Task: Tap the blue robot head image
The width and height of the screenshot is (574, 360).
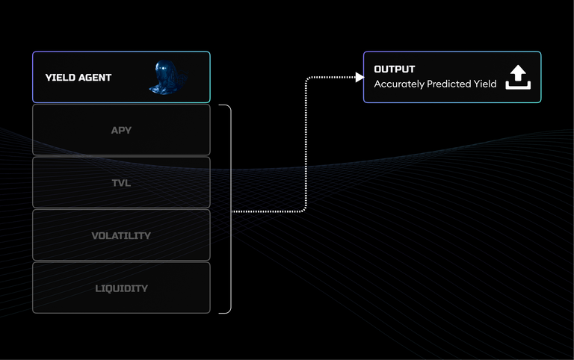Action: tap(168, 77)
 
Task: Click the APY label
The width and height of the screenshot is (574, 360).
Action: tap(121, 130)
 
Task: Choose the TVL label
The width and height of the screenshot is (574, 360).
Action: tap(121, 183)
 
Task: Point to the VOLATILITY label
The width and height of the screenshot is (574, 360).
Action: tap(121, 235)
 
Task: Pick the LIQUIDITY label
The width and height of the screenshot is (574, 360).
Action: tap(122, 288)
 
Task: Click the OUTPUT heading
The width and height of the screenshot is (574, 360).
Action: tap(395, 69)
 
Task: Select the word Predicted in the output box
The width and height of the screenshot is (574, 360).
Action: tap(448, 84)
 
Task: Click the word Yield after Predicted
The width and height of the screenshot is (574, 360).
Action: tap(485, 84)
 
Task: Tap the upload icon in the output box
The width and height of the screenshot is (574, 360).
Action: tap(518, 77)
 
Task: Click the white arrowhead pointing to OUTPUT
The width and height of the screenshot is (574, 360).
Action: tap(359, 77)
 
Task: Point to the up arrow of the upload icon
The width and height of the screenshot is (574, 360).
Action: tap(518, 72)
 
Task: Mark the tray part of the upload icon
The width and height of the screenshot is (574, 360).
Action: tap(518, 85)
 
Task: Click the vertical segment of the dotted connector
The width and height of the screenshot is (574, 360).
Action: tap(306, 144)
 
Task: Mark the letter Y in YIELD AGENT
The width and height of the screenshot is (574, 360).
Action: tap(48, 78)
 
